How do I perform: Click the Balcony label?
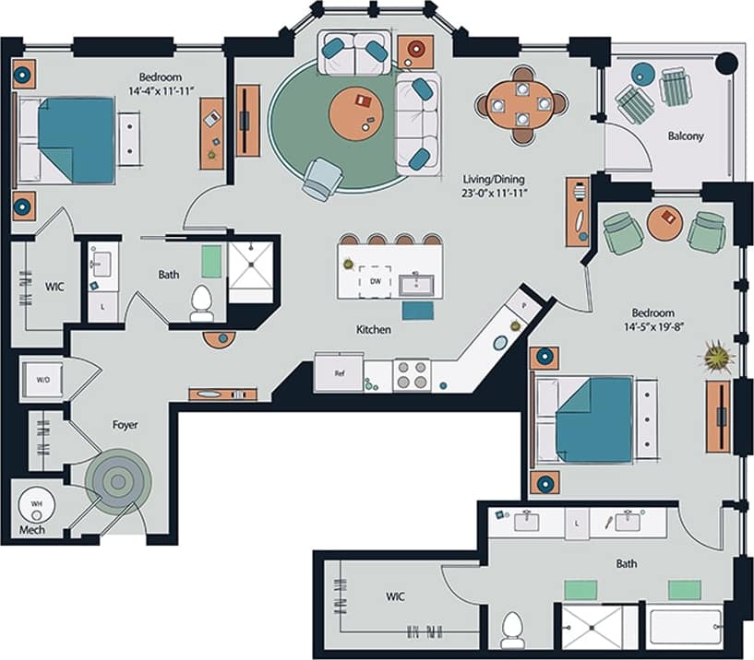click(x=686, y=136)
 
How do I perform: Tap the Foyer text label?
click(x=125, y=425)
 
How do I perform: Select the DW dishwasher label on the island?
click(x=376, y=280)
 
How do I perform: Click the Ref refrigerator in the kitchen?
click(x=339, y=373)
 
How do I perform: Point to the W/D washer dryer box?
click(x=42, y=378)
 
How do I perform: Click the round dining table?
click(x=522, y=104)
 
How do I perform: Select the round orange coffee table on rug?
click(x=356, y=112)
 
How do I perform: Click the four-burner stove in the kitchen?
click(x=412, y=375)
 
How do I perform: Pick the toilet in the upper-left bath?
click(x=201, y=302)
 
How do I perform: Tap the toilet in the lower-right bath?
click(x=512, y=631)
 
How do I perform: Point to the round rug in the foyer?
click(x=117, y=479)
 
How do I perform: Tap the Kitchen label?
click(x=374, y=329)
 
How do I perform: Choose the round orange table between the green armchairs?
click(x=664, y=222)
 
